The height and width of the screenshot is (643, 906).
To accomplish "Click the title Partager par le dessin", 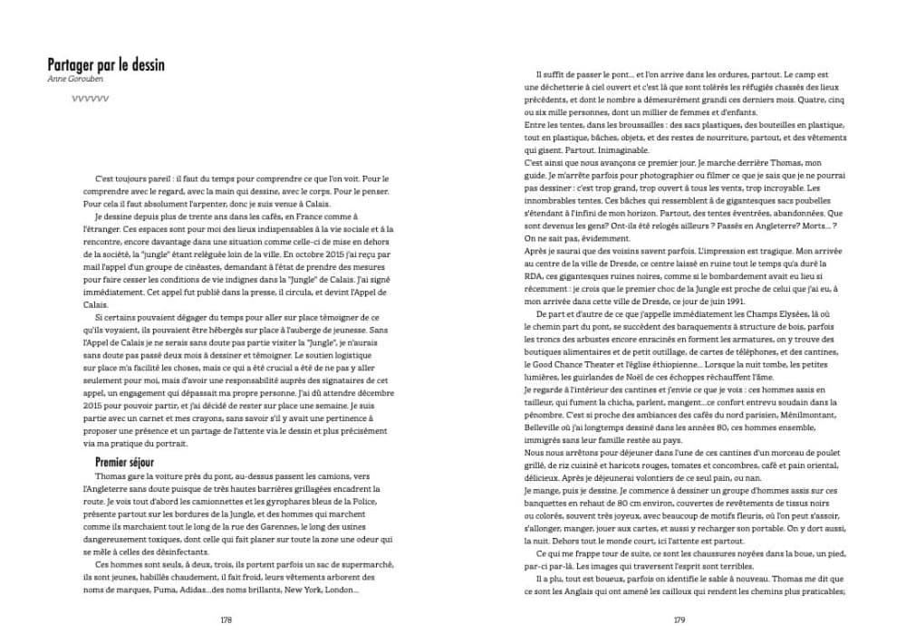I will (105, 65).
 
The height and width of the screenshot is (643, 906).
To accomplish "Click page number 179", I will (678, 620).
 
